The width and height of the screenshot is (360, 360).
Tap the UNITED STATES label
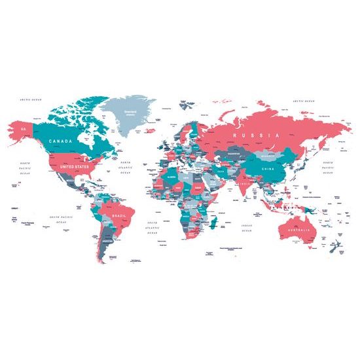pyautogui.click(x=73, y=167)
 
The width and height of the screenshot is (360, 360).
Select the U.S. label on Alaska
pyautogui.click(x=24, y=129)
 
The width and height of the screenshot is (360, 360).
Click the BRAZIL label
pyautogui.click(x=119, y=215)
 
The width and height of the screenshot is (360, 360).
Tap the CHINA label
pyautogui.click(x=268, y=169)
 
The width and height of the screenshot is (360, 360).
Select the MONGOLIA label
pyautogui.click(x=268, y=156)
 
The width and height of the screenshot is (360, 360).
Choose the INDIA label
pyautogui.click(x=243, y=184)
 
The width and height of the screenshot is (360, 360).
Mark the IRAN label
pyautogui.click(x=222, y=171)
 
